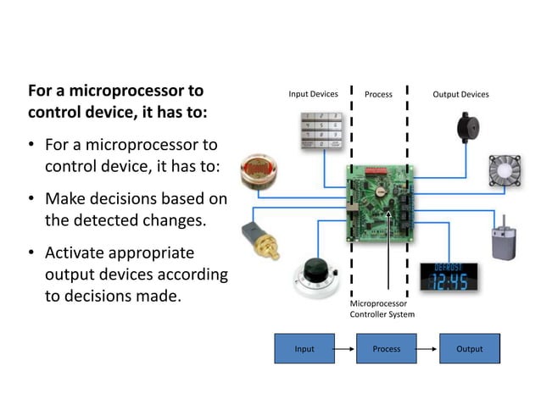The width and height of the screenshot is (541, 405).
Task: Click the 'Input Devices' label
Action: tap(313, 94)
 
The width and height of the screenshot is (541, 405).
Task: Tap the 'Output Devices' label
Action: tap(460, 94)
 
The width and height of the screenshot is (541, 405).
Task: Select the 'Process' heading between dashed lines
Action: tap(378, 94)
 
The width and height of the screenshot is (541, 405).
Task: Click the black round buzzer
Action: tap(468, 130)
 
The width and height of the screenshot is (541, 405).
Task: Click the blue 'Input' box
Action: tap(304, 348)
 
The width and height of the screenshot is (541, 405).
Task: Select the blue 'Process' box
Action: tap(386, 348)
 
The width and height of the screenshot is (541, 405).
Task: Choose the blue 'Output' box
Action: tap(469, 348)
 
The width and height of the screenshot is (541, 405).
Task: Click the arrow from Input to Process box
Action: tap(344, 348)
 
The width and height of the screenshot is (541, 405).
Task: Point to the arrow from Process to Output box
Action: tap(427, 348)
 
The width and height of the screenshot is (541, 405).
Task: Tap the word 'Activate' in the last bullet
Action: tap(77, 252)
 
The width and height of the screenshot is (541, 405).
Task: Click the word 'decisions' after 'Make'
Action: tap(128, 199)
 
